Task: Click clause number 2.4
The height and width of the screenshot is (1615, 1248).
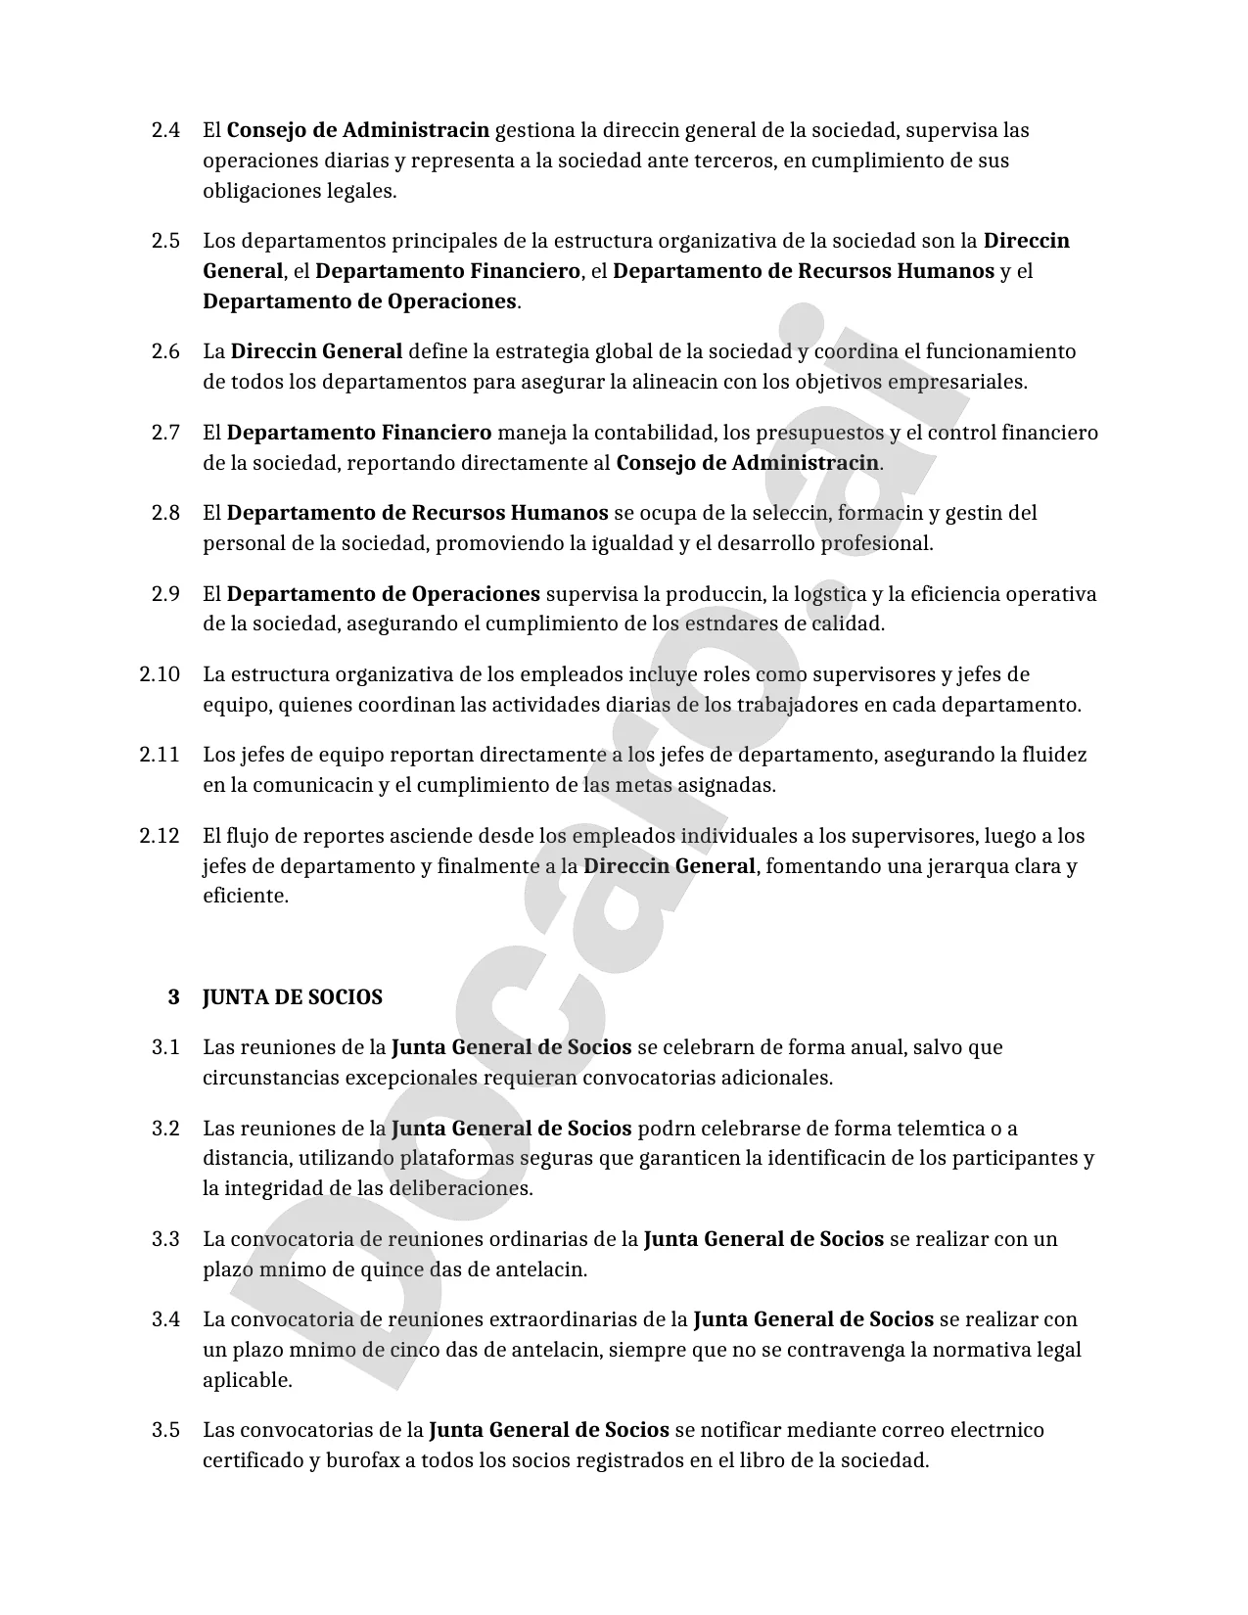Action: [165, 130]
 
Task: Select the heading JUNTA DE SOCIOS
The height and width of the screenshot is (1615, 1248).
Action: [292, 997]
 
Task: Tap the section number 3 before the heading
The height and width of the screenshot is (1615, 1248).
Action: [173, 997]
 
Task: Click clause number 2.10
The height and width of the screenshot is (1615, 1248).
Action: [160, 674]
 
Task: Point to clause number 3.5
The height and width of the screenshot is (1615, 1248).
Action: [165, 1430]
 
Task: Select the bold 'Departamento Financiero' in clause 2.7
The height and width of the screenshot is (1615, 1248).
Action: [359, 433]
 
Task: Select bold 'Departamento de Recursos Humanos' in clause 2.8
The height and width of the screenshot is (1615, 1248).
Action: [417, 513]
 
